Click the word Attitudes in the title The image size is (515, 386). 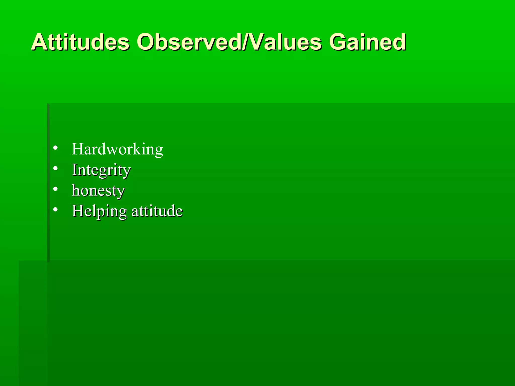[x=80, y=42]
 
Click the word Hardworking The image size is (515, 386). [x=117, y=149]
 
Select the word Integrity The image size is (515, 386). [x=101, y=170]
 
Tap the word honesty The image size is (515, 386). [x=98, y=190]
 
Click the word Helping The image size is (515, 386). [x=99, y=211]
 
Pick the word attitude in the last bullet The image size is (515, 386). [x=157, y=211]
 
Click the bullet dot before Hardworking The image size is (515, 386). [x=56, y=148]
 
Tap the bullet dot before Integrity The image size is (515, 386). [x=56, y=168]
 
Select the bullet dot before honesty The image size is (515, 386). [x=56, y=189]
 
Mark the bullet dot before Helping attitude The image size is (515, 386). [x=56, y=210]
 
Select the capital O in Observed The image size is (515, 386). [x=147, y=42]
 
